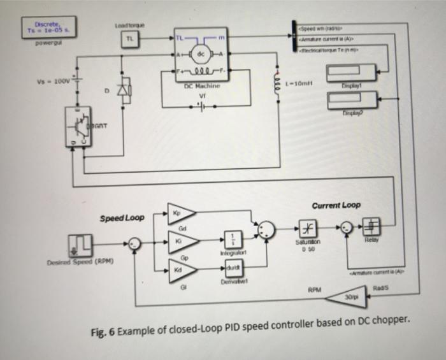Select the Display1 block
351,73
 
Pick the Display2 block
351,100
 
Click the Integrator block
233,240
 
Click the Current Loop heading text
336,205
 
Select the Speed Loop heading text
122,218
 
